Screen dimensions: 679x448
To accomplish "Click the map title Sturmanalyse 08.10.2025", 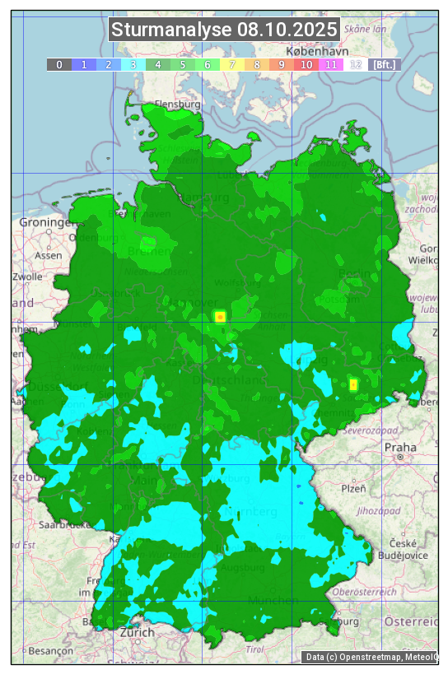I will click(224, 30).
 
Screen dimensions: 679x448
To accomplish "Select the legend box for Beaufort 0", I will click(59, 64).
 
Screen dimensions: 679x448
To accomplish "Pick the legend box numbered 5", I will click(183, 64).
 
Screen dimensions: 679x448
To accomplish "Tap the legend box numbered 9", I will click(282, 64).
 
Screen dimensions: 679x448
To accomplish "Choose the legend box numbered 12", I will click(356, 64).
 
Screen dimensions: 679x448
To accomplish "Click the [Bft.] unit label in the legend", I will click(383, 64).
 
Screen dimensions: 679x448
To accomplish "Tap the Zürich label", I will click(137, 632).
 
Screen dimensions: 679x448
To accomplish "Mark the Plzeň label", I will click(353, 488).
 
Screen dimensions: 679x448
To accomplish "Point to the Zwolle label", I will click(27, 277).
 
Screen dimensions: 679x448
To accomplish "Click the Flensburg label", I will click(178, 105).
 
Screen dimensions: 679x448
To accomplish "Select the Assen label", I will click(49, 255).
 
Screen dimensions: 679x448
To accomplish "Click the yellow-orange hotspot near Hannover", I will click(220, 316).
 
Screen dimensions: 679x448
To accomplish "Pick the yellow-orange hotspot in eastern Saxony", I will click(353, 384).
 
